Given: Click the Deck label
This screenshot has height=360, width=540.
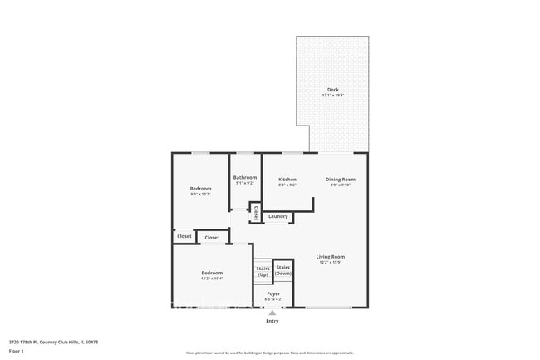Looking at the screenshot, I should (332, 90).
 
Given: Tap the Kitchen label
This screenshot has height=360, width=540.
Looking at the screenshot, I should (287, 180).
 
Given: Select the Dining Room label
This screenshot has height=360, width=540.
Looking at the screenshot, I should (340, 180).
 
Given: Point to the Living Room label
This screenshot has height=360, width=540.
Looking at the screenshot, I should (330, 257).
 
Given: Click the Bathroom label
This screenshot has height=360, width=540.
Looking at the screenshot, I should (245, 177).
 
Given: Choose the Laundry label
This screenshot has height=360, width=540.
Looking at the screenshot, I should (278, 216).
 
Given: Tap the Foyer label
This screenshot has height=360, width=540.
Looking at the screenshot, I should (272, 293).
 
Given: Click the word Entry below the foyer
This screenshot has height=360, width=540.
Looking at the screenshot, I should (272, 321).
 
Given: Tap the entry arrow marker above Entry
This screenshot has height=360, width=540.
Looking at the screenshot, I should (272, 313).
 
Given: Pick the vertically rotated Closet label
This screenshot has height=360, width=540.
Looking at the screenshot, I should (255, 213).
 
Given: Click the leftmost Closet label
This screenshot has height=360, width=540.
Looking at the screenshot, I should (184, 236).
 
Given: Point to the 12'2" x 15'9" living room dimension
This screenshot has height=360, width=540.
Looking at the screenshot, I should (330, 263).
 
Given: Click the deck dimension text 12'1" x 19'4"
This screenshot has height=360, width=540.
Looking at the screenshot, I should (332, 96).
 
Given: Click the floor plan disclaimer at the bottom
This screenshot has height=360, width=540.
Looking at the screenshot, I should (269, 353).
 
